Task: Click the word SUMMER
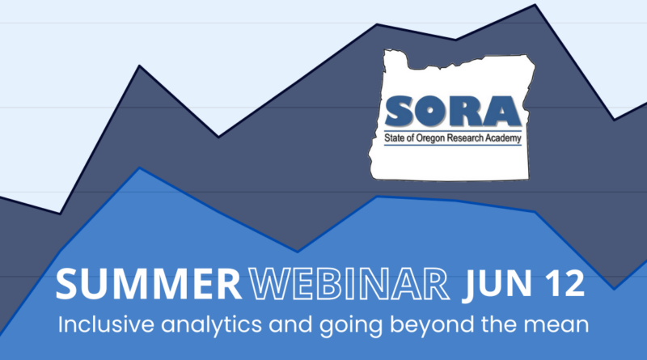coord(149,284)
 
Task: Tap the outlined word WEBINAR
coord(349,284)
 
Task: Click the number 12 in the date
coord(564,283)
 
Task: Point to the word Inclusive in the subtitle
coord(106,324)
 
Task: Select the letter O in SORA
coord(430,111)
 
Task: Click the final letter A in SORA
coord(501,111)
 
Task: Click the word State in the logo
coord(394,138)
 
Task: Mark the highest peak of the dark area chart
coord(535,5)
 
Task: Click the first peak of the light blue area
coord(139,167)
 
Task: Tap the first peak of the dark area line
coord(139,66)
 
